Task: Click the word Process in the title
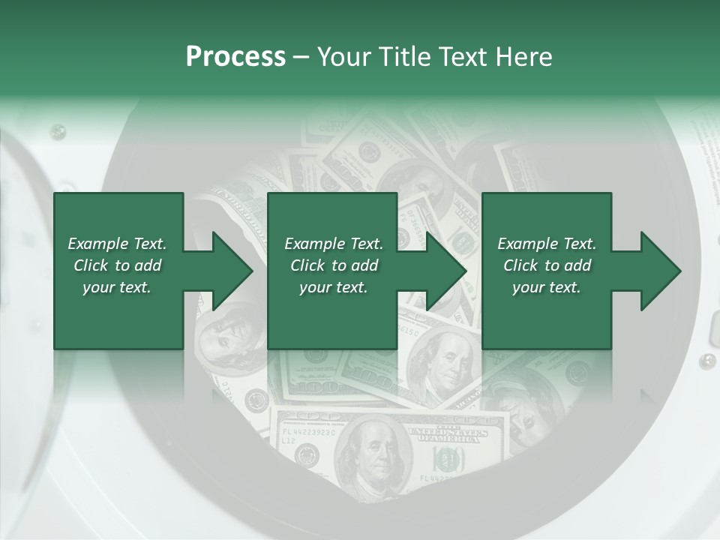235,57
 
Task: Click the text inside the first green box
117,265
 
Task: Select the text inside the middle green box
333,265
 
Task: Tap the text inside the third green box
546,265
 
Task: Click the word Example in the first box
98,244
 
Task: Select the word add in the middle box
364,265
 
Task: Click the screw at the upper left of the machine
57,132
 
